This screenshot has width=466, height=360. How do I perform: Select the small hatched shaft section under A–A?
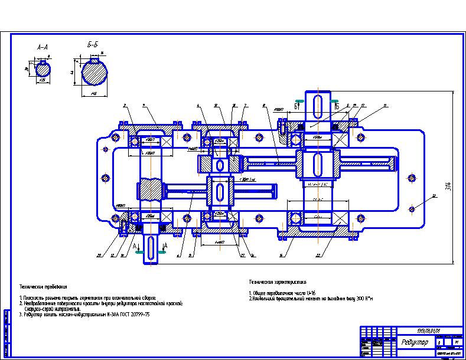(x=43, y=69)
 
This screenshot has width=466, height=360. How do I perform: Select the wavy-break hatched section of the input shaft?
(x=151, y=190)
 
